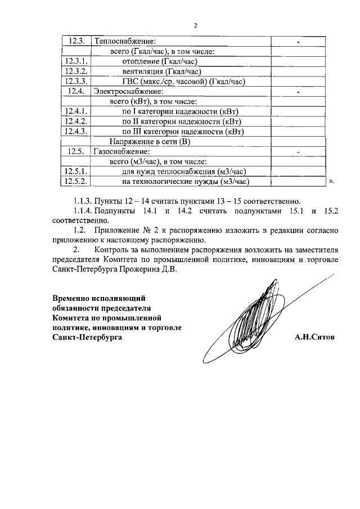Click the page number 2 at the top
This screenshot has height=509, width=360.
click(195, 25)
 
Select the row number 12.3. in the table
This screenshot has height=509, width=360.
click(76, 42)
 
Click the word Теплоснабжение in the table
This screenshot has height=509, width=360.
click(124, 42)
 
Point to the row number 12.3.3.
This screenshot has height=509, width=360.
click(76, 82)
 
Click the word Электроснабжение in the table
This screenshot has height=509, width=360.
click(128, 91)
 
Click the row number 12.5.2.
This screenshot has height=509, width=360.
click(76, 181)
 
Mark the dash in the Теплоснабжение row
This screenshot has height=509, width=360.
click(298, 42)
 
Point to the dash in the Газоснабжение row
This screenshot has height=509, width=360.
click(298, 152)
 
